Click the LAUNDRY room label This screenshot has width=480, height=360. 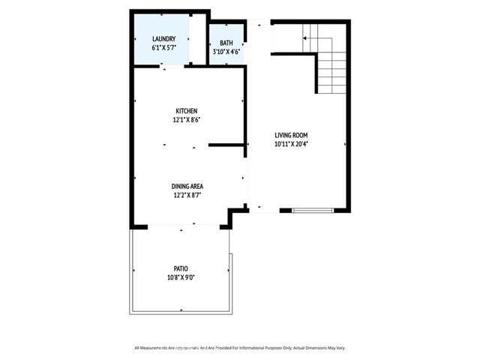click(x=164, y=39)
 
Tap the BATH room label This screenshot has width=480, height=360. click(x=226, y=43)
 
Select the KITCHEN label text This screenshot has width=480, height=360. click(x=186, y=110)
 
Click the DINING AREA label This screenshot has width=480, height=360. click(x=187, y=186)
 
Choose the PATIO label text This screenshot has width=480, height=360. click(x=181, y=268)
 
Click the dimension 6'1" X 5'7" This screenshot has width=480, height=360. click(x=164, y=48)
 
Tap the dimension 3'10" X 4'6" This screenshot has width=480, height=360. click(x=226, y=52)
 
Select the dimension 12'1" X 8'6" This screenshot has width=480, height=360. click(x=186, y=119)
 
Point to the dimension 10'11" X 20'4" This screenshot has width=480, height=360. click(x=291, y=143)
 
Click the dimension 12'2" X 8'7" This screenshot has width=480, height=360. click(x=187, y=195)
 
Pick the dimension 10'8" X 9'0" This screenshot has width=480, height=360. click(x=181, y=277)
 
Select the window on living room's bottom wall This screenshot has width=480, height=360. click(x=312, y=211)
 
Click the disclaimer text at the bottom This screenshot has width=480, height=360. click(x=239, y=347)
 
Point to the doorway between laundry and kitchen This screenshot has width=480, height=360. click(x=172, y=67)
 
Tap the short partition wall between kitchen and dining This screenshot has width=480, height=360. click(x=226, y=144)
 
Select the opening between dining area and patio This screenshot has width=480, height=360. click(x=181, y=225)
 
